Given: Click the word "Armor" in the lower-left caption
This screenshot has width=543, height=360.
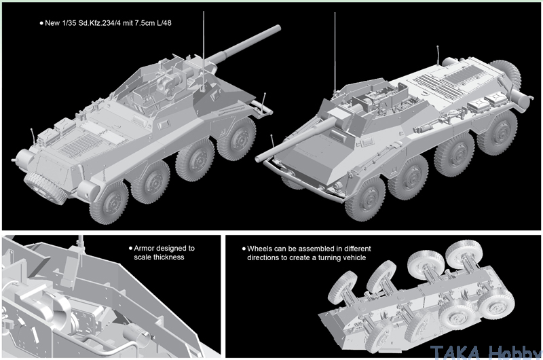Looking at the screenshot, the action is tap(143, 248).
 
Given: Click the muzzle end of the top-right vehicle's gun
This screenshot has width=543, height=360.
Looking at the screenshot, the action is tap(258, 159).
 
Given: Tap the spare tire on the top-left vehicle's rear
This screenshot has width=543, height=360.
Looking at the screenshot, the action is tap(45, 187).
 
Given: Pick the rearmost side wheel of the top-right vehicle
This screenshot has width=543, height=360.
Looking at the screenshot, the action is tap(497, 132).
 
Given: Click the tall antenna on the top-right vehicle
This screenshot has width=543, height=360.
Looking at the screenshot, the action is tap(335, 52).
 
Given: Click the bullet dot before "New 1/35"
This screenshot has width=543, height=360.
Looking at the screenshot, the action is tap(42, 23).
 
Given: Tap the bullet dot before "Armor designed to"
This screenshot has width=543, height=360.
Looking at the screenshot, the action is tap(130, 248).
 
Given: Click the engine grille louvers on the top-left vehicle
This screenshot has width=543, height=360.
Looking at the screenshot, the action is tap(79, 144).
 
